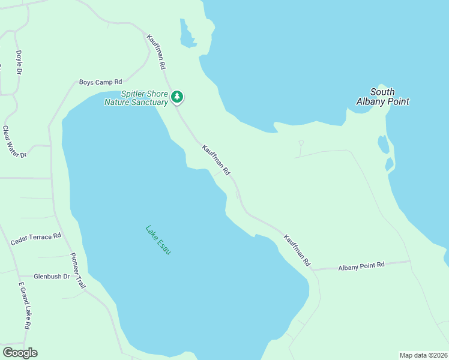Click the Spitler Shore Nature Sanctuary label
pos(136,98)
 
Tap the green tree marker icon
pos(176,97)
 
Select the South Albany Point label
pos(382,97)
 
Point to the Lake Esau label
pos(158,239)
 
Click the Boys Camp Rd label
pos(100,82)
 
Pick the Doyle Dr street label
pos(19,62)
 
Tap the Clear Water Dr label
pos(15,142)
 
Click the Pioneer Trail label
pos(79,270)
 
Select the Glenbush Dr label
pos(52,277)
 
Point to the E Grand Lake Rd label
pos(24,305)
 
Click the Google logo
pos(20,353)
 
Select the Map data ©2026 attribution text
pos(423,355)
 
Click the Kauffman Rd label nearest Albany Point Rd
pos(297,250)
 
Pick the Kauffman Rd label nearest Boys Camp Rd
pos(155,52)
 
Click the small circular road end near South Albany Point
pos(301,143)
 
